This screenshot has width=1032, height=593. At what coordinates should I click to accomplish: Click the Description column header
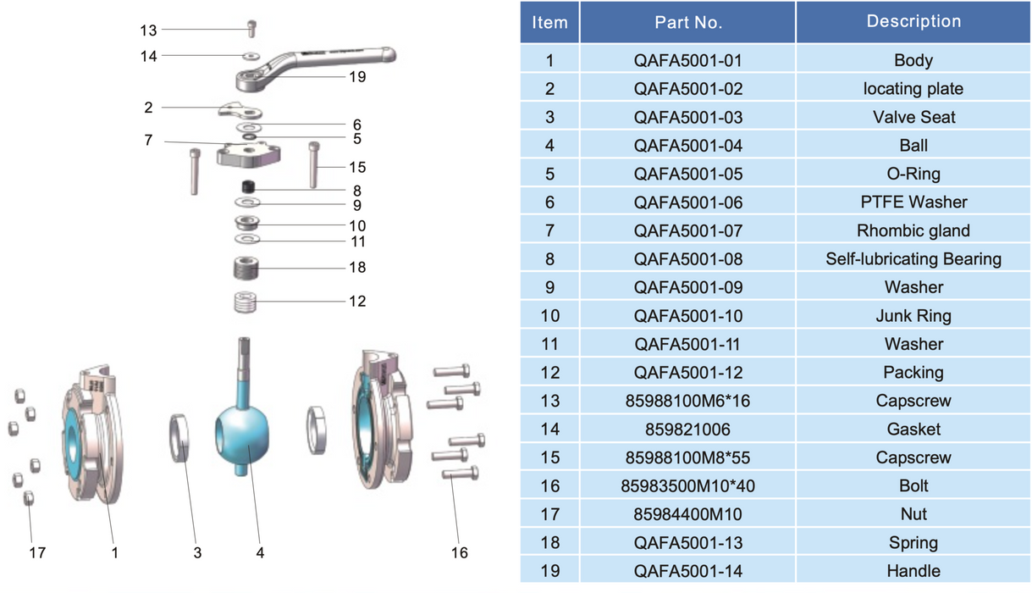click(913, 22)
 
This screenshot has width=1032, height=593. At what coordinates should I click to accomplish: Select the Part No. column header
click(687, 23)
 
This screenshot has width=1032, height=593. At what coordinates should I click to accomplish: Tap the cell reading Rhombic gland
click(913, 230)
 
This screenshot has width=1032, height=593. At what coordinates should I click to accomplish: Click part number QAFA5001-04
click(687, 146)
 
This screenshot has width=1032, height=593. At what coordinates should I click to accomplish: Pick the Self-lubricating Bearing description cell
click(913, 259)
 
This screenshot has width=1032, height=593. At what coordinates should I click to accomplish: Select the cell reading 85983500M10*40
click(687, 486)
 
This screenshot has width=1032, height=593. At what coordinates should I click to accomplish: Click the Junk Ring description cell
click(913, 316)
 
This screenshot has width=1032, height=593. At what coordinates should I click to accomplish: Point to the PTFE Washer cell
click(913, 202)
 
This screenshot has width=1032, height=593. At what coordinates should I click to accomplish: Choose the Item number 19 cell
click(549, 571)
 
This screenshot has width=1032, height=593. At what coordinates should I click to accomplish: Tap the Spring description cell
click(913, 543)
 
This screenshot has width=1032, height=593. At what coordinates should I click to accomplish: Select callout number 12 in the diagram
click(357, 302)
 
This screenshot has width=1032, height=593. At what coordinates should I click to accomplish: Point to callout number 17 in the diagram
click(37, 552)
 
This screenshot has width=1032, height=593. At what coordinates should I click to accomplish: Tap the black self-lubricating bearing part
click(248, 186)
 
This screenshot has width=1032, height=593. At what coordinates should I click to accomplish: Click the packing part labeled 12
click(246, 302)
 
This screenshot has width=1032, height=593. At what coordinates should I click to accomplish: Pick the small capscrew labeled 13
click(251, 29)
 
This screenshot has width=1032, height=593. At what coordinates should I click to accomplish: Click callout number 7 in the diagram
click(148, 140)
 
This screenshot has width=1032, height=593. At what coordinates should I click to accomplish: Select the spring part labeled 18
click(246, 269)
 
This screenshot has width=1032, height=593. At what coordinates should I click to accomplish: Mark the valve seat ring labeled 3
click(179, 438)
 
